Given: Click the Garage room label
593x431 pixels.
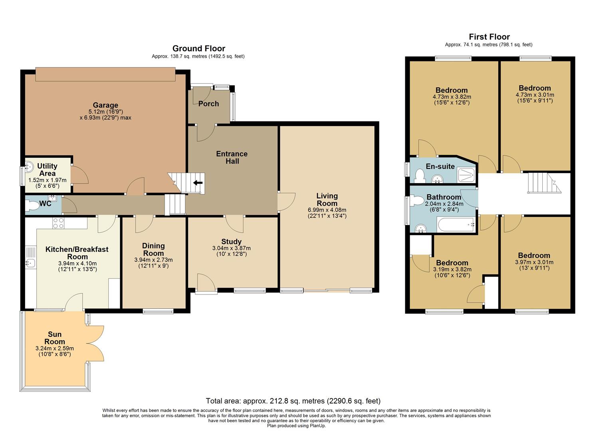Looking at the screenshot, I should click(x=105, y=105).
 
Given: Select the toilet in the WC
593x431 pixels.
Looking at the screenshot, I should click(x=32, y=205).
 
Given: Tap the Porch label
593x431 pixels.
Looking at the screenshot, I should click(x=208, y=104).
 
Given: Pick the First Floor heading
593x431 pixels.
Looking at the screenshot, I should click(x=489, y=37).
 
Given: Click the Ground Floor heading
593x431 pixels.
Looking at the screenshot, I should click(x=198, y=48).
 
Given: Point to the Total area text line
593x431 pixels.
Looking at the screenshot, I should click(x=293, y=401).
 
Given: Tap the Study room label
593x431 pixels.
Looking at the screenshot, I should click(x=231, y=241).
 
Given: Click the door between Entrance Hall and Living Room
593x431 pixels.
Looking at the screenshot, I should click(x=286, y=202).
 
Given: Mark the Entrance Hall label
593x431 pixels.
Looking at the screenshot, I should click(x=232, y=157).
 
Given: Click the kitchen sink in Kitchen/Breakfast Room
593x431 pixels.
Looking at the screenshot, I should click(x=30, y=263).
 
